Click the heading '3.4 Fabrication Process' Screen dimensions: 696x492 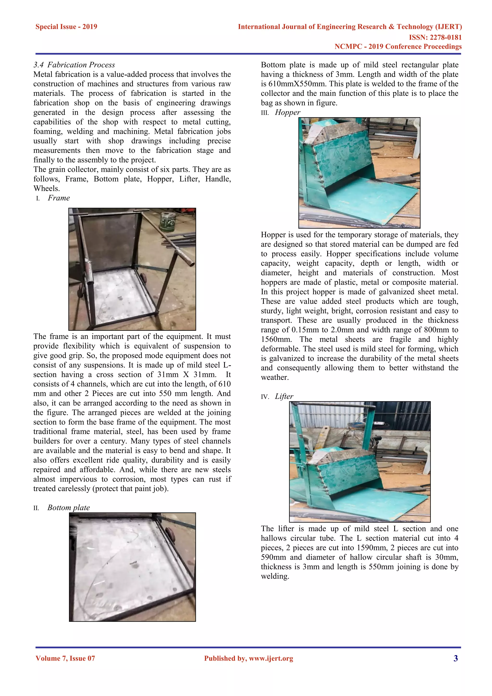click(x=74, y=65)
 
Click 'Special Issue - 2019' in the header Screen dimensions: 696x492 click(x=66, y=27)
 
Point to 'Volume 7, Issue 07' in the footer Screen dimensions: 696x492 click(x=65, y=658)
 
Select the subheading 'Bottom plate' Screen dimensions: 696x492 click(x=69, y=508)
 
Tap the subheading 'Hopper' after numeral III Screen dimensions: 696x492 click(x=287, y=113)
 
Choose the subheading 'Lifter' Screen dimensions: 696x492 click(x=284, y=396)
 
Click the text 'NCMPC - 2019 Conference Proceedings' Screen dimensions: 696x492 click(x=398, y=46)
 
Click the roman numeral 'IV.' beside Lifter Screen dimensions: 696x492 click(x=265, y=397)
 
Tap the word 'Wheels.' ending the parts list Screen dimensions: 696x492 click(x=47, y=188)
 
